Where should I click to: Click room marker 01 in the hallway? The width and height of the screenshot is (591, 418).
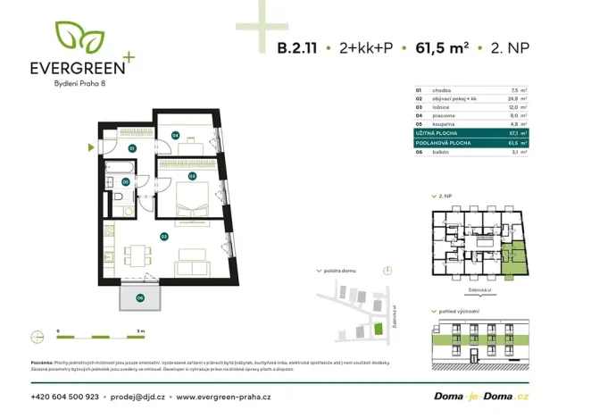131,147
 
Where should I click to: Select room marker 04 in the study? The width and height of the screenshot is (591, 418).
175,135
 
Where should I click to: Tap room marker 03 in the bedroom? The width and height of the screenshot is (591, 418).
192,177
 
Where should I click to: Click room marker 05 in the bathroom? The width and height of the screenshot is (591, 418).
126,182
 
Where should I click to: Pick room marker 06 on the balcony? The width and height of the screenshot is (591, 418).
139,297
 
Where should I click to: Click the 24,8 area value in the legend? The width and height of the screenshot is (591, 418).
512,100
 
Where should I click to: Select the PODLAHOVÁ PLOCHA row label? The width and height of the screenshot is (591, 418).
441,142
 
